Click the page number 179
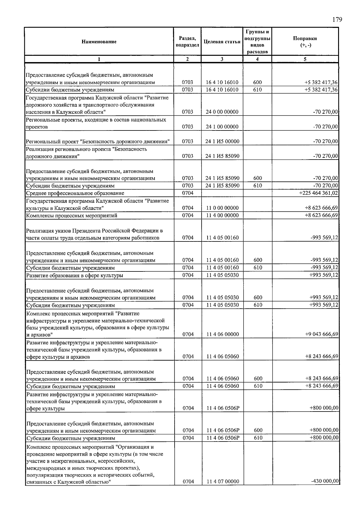pyautogui.click(x=337, y=20)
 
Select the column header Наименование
pyautogui.click(x=99, y=42)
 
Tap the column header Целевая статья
pyautogui.click(x=222, y=42)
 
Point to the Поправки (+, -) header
pyautogui.click(x=305, y=42)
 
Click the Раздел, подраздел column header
pyautogui.click(x=187, y=42)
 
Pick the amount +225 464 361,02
pyautogui.click(x=319, y=193)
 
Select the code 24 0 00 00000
pyautogui.click(x=222, y=112)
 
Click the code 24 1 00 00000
pyautogui.click(x=222, y=127)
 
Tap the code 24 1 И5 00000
pyautogui.click(x=222, y=142)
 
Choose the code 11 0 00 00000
pyautogui.click(x=222, y=208)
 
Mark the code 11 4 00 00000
pyautogui.click(x=222, y=215)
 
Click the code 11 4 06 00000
pyautogui.click(x=223, y=334)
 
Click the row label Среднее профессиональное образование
pyautogui.click(x=75, y=193)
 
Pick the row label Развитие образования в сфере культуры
pyautogui.click(x=75, y=275)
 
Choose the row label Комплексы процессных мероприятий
pyautogui.click(x=71, y=216)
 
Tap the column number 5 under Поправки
pyautogui.click(x=305, y=59)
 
